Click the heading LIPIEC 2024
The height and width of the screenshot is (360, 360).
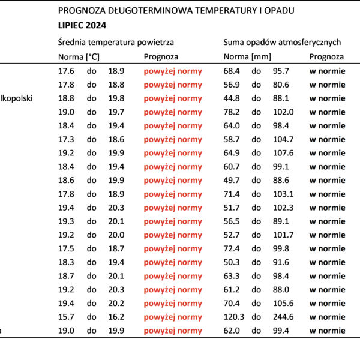(x=82, y=25)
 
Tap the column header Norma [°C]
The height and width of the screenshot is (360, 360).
(x=79, y=57)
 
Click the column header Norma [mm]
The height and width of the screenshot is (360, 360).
(x=247, y=57)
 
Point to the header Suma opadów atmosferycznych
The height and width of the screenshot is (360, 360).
(x=282, y=42)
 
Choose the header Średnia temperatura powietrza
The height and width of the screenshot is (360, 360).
(x=116, y=42)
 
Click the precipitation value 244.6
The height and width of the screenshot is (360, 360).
(x=283, y=317)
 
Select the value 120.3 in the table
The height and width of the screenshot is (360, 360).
(x=234, y=317)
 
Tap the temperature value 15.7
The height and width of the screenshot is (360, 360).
(x=66, y=317)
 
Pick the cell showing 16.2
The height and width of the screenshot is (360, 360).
(x=116, y=317)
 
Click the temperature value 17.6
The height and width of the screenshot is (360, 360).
(x=66, y=71)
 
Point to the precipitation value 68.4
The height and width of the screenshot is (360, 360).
(x=232, y=71)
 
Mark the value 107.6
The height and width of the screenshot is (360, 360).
(x=283, y=153)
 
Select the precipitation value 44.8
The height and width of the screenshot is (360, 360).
(x=232, y=98)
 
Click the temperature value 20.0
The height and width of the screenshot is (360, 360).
(x=116, y=235)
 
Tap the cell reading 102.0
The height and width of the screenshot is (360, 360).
(x=283, y=112)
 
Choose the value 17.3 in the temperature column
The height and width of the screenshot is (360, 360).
(x=66, y=139)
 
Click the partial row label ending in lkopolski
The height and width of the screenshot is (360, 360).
(x=16, y=98)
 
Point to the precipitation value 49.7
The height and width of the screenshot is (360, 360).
(x=232, y=180)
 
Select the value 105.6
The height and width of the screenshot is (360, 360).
(x=283, y=303)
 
